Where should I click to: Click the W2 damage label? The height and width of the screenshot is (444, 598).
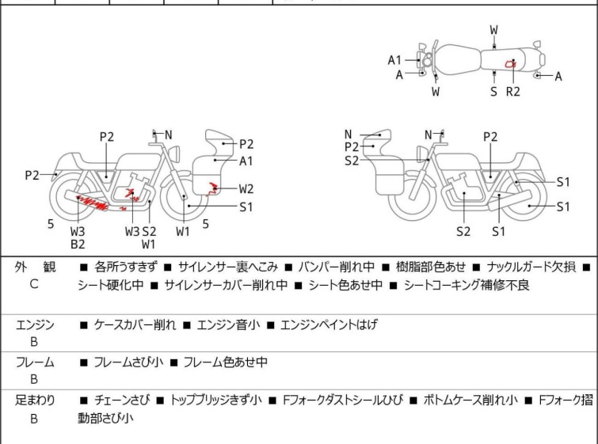(246, 188)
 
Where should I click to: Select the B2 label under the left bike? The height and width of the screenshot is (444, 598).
(78, 245)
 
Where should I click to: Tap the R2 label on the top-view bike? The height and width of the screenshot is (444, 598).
(512, 91)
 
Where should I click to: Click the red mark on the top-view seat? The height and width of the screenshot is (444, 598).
(511, 63)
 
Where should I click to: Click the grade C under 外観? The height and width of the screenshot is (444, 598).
(34, 283)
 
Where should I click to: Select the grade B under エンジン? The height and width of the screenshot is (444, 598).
(34, 342)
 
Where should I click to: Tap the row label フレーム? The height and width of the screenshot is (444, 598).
(35, 362)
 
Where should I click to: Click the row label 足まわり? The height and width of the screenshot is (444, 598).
(35, 400)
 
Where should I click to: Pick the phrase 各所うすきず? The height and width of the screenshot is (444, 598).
(126, 267)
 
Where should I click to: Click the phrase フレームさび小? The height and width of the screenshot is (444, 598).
(128, 362)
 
